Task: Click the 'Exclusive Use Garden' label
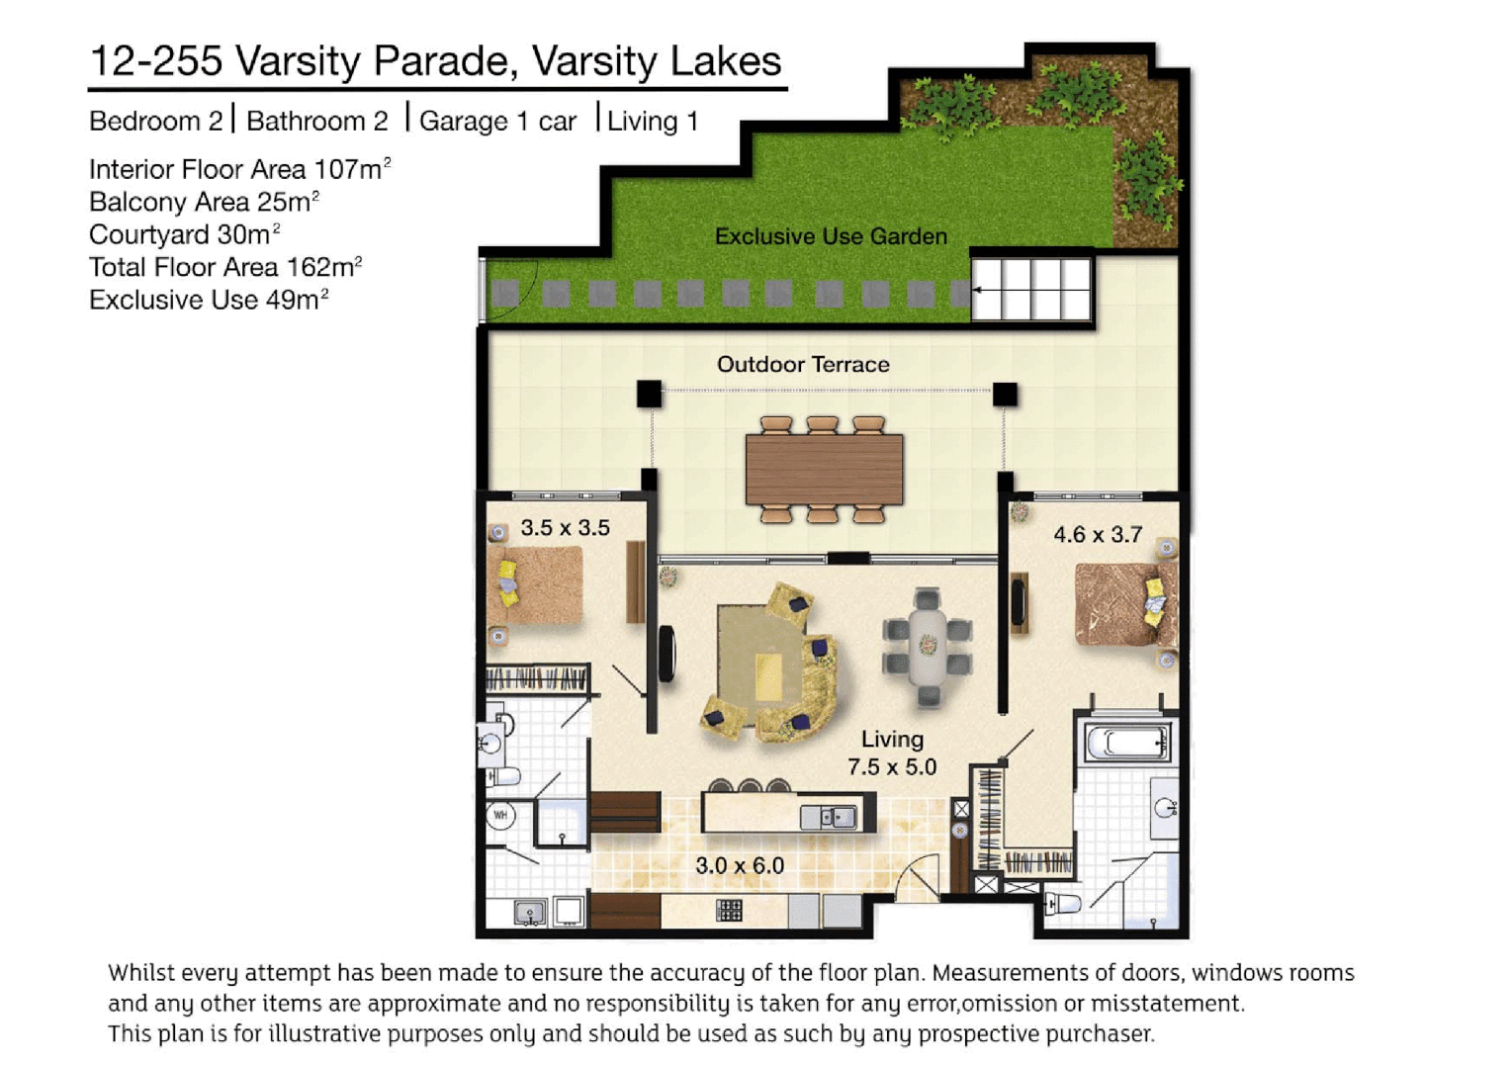pyautogui.click(x=831, y=236)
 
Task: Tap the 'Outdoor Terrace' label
pyautogui.click(x=803, y=364)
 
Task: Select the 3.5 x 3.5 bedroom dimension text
pyautogui.click(x=565, y=528)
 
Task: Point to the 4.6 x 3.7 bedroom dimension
pyautogui.click(x=1098, y=535)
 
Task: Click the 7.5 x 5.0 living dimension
pyautogui.click(x=891, y=767)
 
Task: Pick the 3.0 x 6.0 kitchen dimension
pyautogui.click(x=740, y=866)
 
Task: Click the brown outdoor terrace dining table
pyautogui.click(x=824, y=470)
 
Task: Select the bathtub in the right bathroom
pyautogui.click(x=1126, y=743)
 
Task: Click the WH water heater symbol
pyautogui.click(x=500, y=816)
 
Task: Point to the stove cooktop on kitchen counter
pyautogui.click(x=729, y=910)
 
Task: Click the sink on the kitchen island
pyautogui.click(x=829, y=817)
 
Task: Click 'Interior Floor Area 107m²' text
pyautogui.click(x=239, y=170)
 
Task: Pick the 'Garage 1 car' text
pyautogui.click(x=497, y=122)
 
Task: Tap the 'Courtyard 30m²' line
pyautogui.click(x=184, y=235)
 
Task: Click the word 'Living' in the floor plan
pyautogui.click(x=892, y=740)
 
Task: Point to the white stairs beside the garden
pyautogui.click(x=1030, y=289)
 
